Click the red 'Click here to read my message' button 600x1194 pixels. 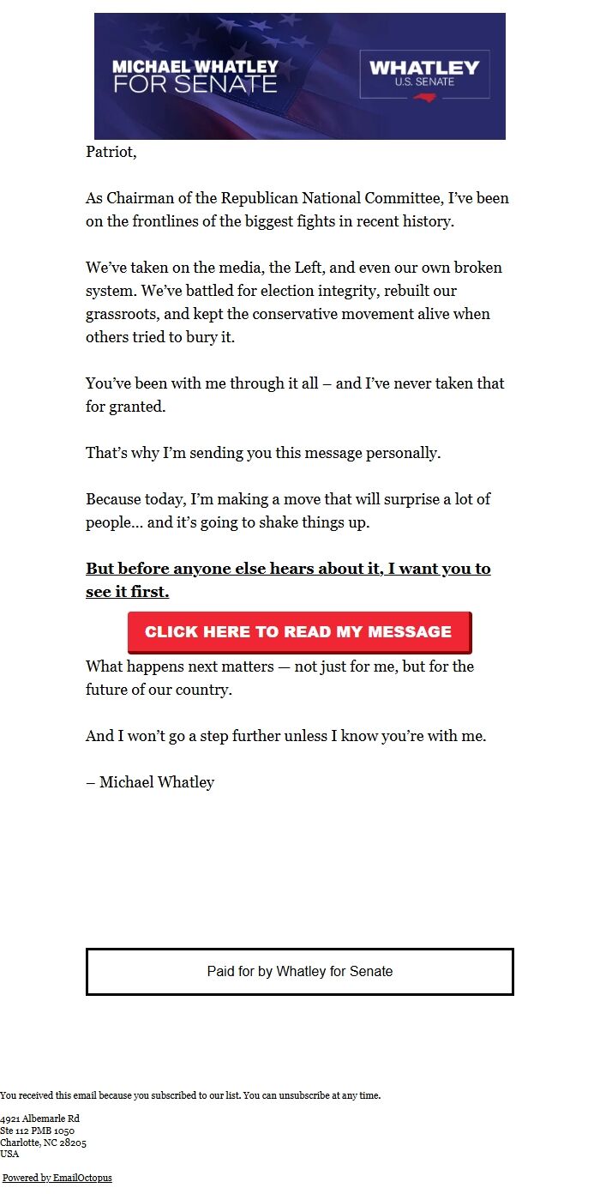(x=298, y=632)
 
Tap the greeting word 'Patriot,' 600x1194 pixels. (x=111, y=152)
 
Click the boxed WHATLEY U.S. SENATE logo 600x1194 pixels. (x=424, y=75)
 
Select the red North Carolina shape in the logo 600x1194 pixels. (x=425, y=97)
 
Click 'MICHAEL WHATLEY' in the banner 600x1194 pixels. (x=195, y=66)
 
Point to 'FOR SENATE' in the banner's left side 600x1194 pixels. (x=195, y=84)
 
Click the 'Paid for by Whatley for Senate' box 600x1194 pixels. (x=299, y=972)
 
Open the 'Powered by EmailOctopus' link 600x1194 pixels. (x=57, y=1178)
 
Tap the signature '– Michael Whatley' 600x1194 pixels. (x=150, y=782)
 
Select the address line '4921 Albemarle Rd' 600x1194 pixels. (x=39, y=1119)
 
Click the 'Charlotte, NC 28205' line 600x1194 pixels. (x=43, y=1143)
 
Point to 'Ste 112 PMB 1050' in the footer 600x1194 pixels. (x=37, y=1131)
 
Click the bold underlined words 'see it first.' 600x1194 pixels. (x=127, y=592)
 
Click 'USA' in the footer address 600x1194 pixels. (x=9, y=1154)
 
